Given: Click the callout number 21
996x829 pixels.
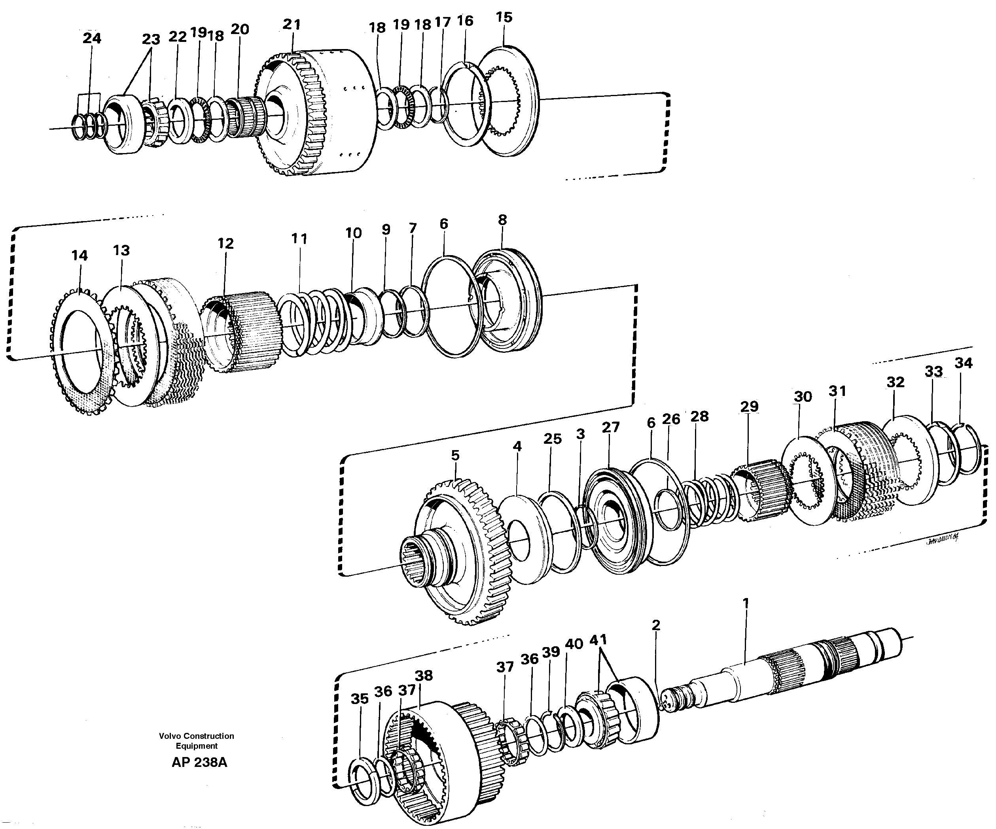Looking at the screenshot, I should (x=292, y=24).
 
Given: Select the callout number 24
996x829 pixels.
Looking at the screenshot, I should (x=92, y=38).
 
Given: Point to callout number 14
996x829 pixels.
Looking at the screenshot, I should (x=79, y=256).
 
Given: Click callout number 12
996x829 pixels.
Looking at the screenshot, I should (x=225, y=243).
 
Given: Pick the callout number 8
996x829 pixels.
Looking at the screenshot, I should (x=502, y=220).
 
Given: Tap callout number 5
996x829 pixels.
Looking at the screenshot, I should (x=455, y=455).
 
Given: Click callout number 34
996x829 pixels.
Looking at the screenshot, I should (x=963, y=363).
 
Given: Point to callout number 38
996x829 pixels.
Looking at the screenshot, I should (x=424, y=675).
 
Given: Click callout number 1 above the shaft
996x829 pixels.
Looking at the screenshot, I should (x=745, y=603).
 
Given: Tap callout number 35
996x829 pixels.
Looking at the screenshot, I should (x=360, y=698).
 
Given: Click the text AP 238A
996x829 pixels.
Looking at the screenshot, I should (x=199, y=763).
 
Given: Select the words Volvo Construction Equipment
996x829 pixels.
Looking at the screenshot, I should (x=196, y=741).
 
